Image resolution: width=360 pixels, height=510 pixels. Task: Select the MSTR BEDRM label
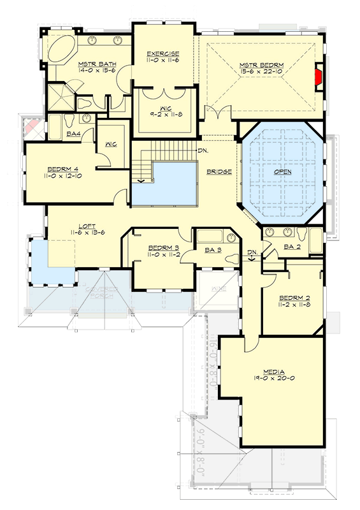tap(261, 65)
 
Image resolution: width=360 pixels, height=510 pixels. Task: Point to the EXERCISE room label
tap(162, 54)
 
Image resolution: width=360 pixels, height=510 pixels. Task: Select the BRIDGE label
tap(219, 172)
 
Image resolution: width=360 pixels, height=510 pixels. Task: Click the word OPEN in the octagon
tap(282, 172)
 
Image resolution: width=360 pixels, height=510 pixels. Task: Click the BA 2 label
tap(291, 247)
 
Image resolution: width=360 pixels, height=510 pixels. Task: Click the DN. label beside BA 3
tap(252, 252)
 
